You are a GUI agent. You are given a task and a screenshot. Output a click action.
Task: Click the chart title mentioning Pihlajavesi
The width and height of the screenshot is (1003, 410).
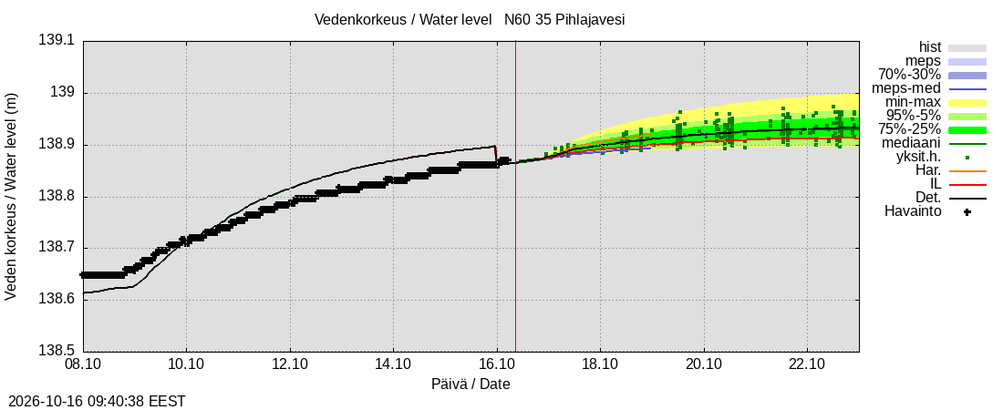point(470,20)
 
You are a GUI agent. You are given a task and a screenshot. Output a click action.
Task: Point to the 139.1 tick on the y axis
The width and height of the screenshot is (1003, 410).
point(57,41)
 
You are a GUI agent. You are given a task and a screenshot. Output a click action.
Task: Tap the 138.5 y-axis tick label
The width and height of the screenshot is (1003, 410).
point(57,351)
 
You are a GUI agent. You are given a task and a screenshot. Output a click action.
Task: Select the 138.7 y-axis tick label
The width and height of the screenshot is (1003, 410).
point(57,248)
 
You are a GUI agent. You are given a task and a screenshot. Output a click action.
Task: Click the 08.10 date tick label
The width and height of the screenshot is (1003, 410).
point(83,366)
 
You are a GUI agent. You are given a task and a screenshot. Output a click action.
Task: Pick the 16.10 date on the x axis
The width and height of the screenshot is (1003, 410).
point(497,366)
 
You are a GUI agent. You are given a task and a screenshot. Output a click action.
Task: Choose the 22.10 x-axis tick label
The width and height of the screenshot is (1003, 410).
point(807,366)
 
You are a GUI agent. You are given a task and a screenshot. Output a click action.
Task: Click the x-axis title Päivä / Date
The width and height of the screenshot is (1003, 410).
point(470,384)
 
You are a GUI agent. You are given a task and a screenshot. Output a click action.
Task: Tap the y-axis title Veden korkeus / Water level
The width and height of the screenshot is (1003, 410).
point(12,197)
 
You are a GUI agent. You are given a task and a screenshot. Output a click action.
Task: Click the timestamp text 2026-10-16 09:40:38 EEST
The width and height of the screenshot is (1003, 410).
point(97,402)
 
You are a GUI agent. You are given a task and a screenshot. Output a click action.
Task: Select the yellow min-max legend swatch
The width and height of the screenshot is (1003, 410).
point(967,102)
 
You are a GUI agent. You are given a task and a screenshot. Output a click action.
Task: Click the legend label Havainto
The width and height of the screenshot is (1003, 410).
point(913,211)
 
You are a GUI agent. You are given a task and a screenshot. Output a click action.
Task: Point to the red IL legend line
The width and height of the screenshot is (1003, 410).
point(967,184)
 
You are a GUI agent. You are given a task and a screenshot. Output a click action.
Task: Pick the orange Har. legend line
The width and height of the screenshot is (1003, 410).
point(967,170)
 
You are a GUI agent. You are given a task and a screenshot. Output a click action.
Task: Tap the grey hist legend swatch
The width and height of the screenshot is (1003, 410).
point(967,48)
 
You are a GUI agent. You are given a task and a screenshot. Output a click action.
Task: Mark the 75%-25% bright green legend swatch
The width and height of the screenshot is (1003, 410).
point(967,130)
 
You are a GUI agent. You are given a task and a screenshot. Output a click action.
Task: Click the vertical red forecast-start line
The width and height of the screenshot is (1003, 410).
point(515,197)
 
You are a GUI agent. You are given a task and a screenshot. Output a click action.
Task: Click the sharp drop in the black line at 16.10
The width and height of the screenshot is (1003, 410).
point(496,156)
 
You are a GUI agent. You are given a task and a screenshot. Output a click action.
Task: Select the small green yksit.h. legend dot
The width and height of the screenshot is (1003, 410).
point(967,158)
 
